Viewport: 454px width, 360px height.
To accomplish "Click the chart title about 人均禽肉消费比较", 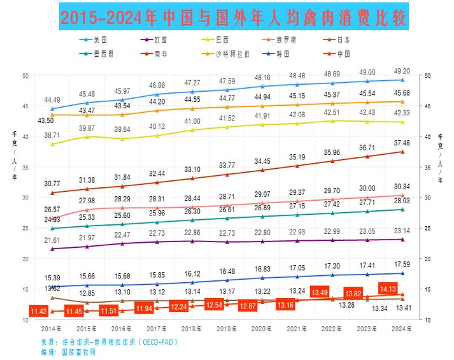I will point(233,16).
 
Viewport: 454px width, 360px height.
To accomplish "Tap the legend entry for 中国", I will point(377,53).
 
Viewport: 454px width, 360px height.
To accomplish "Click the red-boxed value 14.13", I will point(388,289).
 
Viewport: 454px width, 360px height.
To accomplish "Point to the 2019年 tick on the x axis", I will point(226,329).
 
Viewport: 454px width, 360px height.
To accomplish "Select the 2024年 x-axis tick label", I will point(401,329).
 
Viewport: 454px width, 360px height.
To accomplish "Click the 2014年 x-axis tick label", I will point(51,329).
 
